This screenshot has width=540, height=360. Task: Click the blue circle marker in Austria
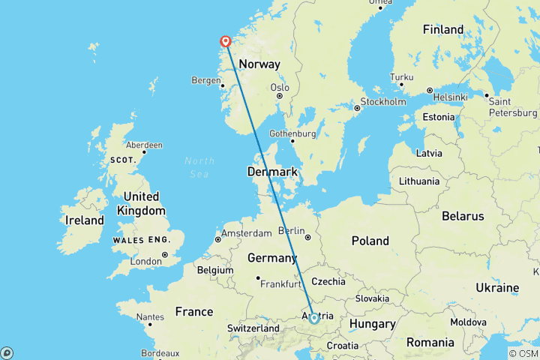coord(314,318)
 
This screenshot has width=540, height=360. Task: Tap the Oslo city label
coord(279,87)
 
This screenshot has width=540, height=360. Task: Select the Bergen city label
coord(206,79)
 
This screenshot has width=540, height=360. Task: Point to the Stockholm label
coord(382,101)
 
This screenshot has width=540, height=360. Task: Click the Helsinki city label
coord(448,97)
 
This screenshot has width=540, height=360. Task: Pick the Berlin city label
coord(292,230)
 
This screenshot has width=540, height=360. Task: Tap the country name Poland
coord(370,241)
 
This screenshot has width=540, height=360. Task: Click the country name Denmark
coord(273,172)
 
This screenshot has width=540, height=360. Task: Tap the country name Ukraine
coord(497,287)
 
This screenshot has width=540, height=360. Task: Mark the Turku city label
coord(401,77)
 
